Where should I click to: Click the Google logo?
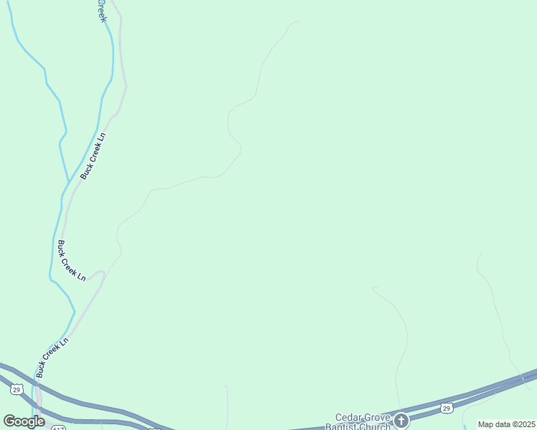(x=24, y=421)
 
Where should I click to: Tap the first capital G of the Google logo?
(x=9, y=421)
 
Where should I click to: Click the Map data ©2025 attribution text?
(x=506, y=424)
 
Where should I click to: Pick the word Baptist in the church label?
(x=343, y=426)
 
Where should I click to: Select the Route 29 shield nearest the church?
(x=447, y=408)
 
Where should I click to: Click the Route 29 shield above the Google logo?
(x=16, y=389)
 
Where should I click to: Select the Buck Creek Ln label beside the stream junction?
(x=93, y=156)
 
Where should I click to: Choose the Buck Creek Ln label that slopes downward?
(x=72, y=260)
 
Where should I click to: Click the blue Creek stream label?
(x=102, y=10)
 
